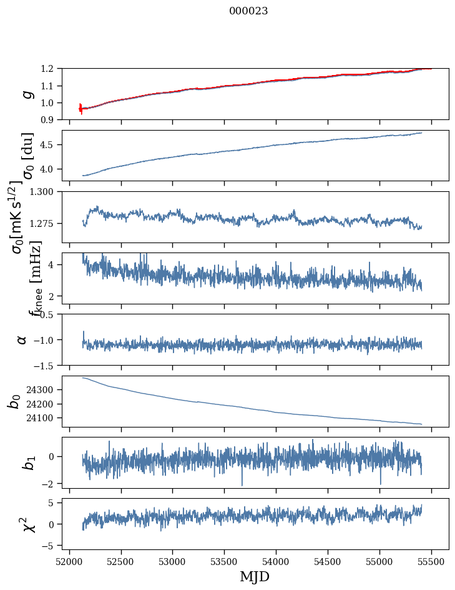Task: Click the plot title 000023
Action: click(x=248, y=11)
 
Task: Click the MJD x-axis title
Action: click(x=255, y=576)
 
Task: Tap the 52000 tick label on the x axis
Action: click(x=69, y=561)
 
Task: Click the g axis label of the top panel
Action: click(x=26, y=94)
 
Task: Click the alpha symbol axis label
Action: click(x=22, y=339)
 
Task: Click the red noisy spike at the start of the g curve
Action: click(x=81, y=109)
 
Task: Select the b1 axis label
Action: click(x=27, y=463)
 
